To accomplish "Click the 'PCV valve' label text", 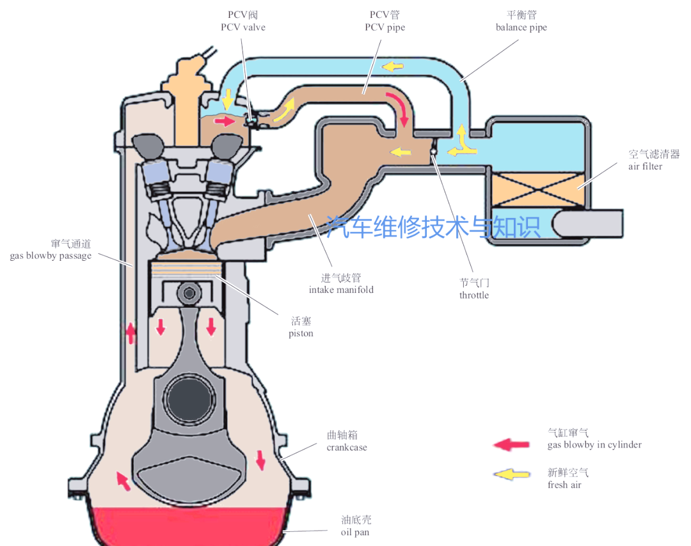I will click(x=242, y=27).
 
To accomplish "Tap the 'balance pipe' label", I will click(x=521, y=27).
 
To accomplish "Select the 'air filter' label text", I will click(x=644, y=166).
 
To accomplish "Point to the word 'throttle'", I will click(x=473, y=295).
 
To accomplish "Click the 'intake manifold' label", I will click(x=341, y=290).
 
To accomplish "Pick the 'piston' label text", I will click(x=301, y=334).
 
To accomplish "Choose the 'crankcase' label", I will click(x=347, y=448).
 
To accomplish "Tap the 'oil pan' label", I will click(x=354, y=532).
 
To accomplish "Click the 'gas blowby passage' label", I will click(x=51, y=256).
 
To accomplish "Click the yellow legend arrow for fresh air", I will click(x=511, y=474).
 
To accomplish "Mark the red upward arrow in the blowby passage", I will click(x=131, y=332).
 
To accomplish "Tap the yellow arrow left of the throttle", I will click(x=401, y=152).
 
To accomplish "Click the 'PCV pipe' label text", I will click(x=385, y=27).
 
